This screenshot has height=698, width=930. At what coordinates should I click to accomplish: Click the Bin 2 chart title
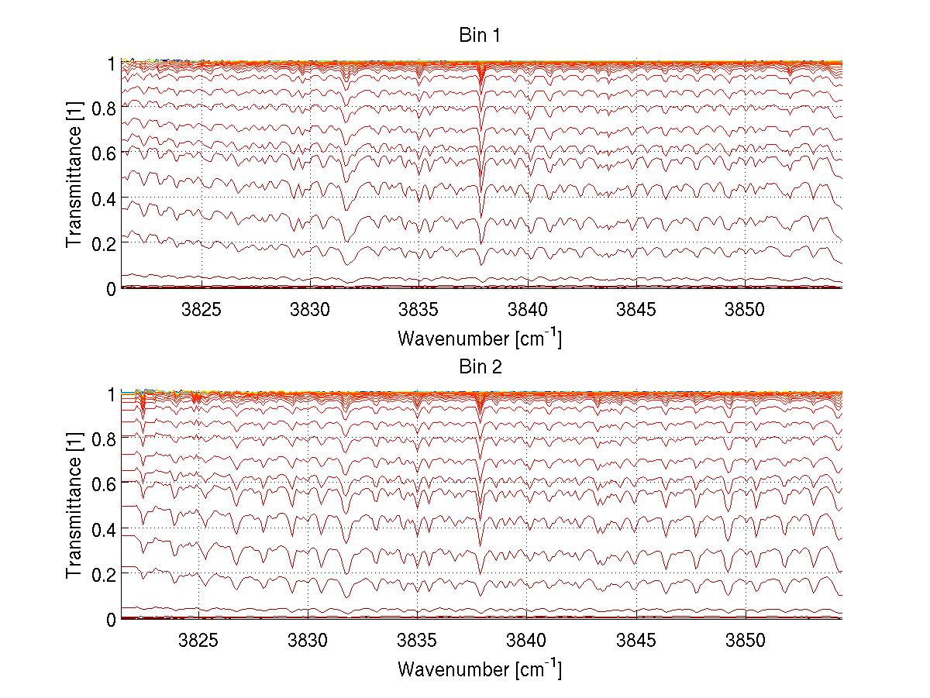480,368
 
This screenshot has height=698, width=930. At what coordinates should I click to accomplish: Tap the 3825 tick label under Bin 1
201,310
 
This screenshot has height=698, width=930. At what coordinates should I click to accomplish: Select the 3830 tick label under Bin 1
310,310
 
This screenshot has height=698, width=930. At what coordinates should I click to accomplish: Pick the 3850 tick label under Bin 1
746,310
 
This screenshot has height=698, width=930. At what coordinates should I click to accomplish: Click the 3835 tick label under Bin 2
418,641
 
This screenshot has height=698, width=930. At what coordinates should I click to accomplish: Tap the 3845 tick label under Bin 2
636,641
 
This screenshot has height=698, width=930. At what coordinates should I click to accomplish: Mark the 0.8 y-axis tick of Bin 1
104,108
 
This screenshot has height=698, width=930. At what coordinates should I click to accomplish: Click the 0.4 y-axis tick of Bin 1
104,198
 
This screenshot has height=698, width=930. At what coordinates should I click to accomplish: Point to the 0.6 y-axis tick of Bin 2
104,484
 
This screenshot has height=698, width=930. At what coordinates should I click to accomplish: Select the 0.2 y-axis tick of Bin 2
104,575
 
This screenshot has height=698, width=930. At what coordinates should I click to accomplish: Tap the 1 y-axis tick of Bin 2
111,394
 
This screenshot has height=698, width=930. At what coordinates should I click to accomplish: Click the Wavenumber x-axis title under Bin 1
480,339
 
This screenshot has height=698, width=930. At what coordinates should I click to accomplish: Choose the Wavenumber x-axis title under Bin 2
480,669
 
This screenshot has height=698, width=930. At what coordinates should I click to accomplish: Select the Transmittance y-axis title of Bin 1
74,175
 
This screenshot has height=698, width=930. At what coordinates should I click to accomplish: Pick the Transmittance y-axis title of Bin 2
74,507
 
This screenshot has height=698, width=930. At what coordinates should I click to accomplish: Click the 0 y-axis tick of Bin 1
111,289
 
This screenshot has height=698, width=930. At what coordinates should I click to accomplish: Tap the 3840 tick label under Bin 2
528,641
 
